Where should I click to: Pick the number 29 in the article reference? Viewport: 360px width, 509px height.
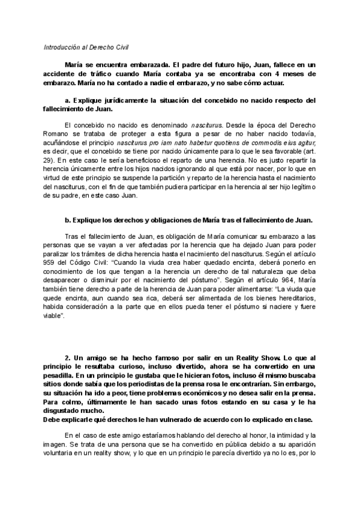(x=52, y=161)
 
